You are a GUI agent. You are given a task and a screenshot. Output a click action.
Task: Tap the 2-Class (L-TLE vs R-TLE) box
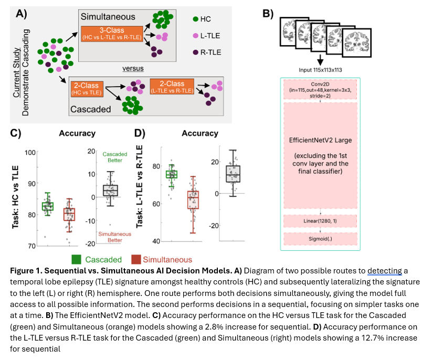172,87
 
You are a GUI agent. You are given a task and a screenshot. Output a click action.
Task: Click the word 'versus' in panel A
133,68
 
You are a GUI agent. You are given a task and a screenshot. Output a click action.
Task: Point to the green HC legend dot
196,19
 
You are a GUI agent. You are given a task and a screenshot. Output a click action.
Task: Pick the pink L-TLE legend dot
196,36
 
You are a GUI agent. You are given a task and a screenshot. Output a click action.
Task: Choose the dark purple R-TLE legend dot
196,52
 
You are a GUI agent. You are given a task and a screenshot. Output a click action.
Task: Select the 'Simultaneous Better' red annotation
114,237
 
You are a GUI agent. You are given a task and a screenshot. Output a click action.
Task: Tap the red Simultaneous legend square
136,259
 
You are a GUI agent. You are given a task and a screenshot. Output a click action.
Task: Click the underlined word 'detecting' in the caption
384,271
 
